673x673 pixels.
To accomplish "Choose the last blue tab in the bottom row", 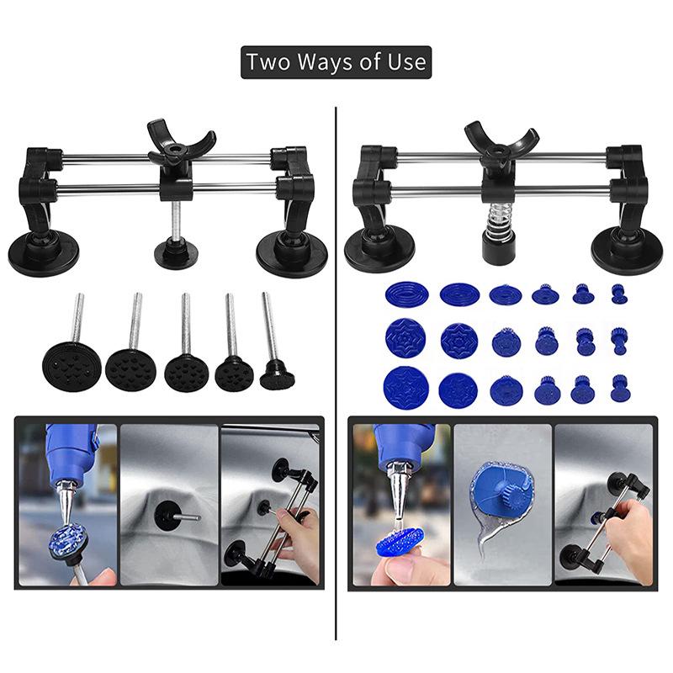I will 620,388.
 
